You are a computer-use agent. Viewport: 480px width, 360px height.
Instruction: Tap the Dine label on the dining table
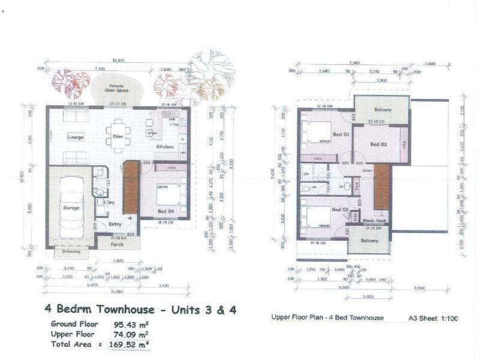click(x=118, y=136)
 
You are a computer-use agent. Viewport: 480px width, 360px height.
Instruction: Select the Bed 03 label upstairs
click(x=378, y=145)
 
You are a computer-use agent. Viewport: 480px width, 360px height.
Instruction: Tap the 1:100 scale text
click(x=447, y=319)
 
